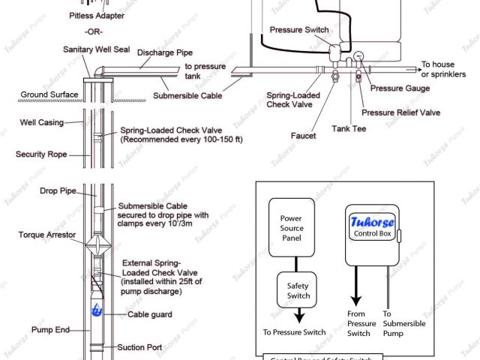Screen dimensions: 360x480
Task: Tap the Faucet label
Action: pyautogui.click(x=303, y=136)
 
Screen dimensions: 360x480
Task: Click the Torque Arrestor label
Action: pyautogui.click(x=45, y=235)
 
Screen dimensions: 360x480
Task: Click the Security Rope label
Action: pyautogui.click(x=40, y=154)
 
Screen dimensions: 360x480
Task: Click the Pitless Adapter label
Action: pyautogui.click(x=97, y=15)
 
